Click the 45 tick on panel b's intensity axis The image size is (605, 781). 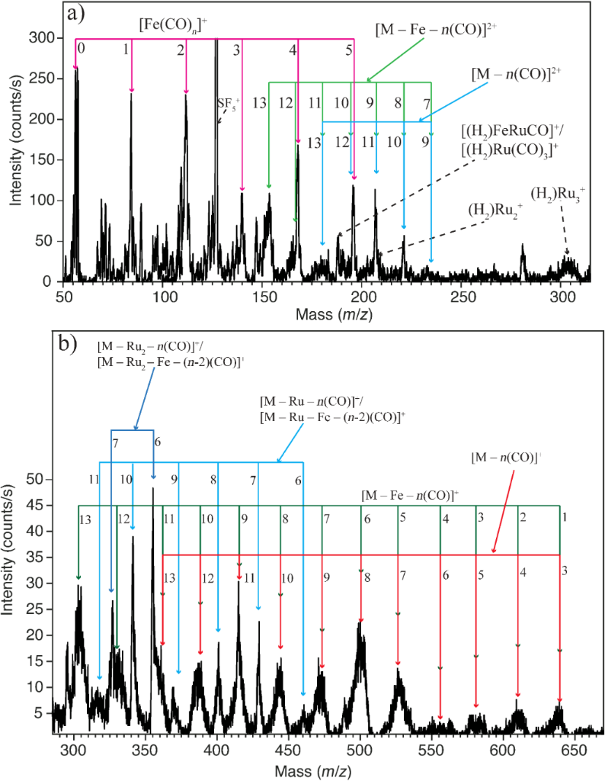[43, 505]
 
